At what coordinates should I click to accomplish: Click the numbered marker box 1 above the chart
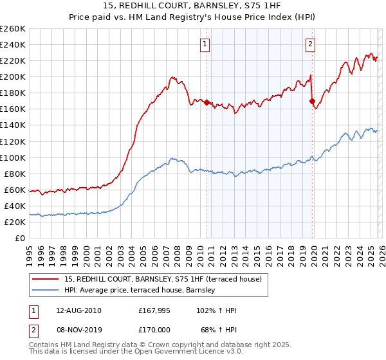205,44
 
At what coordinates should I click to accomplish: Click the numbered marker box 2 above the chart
310,44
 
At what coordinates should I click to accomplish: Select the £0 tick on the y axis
21,238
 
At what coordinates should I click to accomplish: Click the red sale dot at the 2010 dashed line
207,102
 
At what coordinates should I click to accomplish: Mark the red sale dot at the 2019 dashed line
312,101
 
